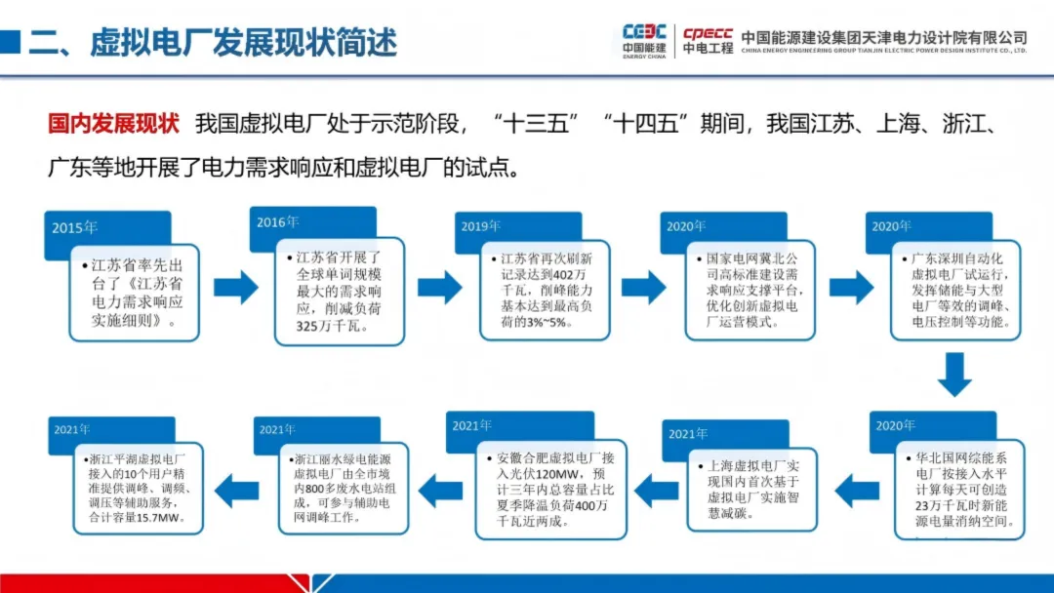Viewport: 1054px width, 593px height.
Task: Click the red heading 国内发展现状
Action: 114,125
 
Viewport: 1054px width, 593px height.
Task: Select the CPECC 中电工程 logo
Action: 708,40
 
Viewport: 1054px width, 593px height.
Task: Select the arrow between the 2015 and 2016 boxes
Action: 235,288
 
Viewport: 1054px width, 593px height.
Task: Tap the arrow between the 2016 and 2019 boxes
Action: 439,288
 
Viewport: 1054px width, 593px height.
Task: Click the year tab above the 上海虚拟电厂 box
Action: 687,433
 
